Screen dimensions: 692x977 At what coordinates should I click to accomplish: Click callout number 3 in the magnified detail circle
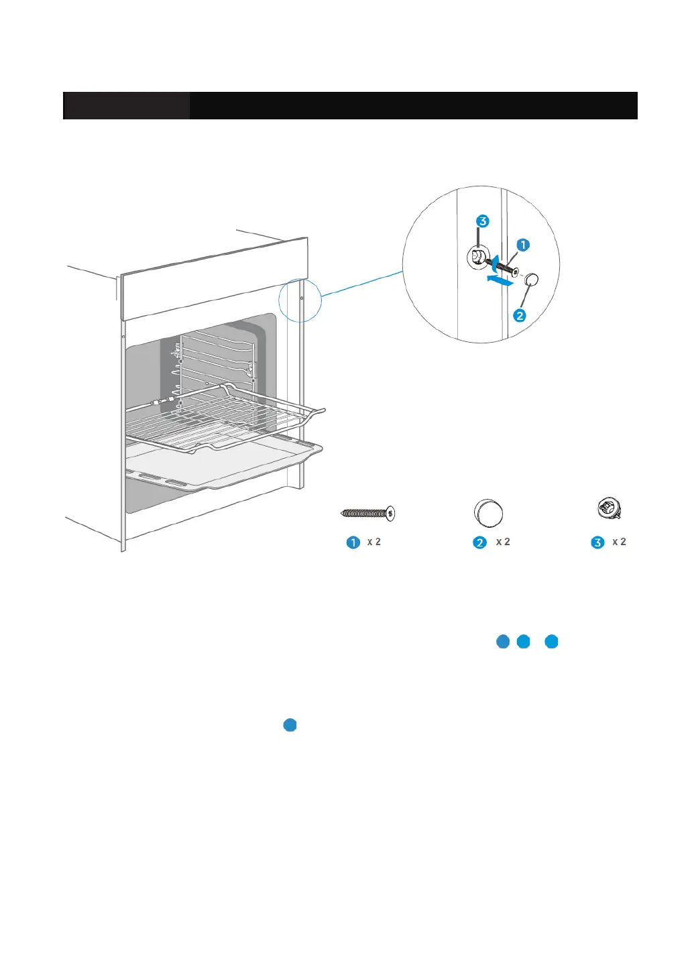[x=482, y=221]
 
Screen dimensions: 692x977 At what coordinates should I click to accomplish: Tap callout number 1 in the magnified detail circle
[x=523, y=245]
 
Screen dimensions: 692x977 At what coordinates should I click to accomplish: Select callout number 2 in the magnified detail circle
[x=520, y=315]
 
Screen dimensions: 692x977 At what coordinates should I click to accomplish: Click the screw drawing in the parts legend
[x=368, y=514]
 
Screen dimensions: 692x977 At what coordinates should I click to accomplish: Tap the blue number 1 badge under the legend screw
[x=353, y=542]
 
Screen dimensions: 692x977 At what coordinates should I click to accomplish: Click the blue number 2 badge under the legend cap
[x=479, y=542]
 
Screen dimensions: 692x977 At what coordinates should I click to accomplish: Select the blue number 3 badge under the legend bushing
[x=597, y=542]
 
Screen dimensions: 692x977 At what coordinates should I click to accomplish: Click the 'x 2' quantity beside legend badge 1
[x=374, y=542]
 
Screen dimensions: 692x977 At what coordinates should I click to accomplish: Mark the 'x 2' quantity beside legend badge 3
[x=619, y=542]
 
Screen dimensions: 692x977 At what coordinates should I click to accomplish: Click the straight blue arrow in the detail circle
[x=501, y=280]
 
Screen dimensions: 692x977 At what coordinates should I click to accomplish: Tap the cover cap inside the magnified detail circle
[x=532, y=280]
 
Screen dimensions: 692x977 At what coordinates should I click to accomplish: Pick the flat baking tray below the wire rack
[x=221, y=466]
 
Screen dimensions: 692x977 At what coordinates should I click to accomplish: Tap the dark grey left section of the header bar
[x=126, y=106]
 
